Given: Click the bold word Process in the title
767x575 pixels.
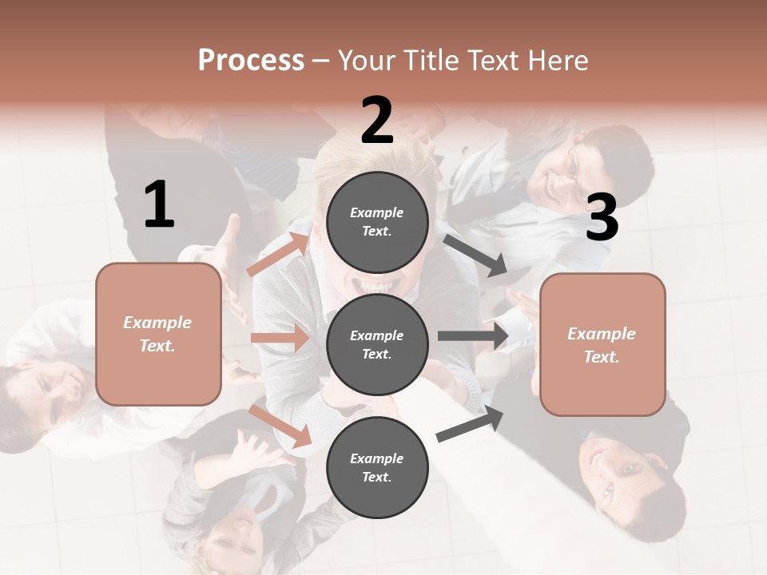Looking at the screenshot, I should click(x=251, y=61).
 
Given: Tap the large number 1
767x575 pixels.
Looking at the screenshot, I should click(x=159, y=204).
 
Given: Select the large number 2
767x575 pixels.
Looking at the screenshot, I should click(x=377, y=121).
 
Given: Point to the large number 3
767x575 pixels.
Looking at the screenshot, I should click(x=602, y=218).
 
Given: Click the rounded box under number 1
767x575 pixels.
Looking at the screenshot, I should click(x=158, y=334).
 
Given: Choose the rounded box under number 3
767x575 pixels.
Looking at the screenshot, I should click(x=602, y=344).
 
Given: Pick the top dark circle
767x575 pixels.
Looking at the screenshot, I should click(x=377, y=222).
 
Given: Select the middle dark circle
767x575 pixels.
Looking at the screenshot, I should click(x=377, y=344).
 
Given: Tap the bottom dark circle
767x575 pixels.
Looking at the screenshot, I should click(x=377, y=467).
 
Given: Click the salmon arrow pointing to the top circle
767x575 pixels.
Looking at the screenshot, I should click(x=278, y=253).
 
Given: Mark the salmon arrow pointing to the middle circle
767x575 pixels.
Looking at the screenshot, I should click(x=280, y=338).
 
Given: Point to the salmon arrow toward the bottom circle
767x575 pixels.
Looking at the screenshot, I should click(x=280, y=425).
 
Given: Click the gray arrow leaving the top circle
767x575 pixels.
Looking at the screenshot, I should click(x=475, y=256).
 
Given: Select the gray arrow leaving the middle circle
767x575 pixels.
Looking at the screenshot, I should click(x=473, y=336).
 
